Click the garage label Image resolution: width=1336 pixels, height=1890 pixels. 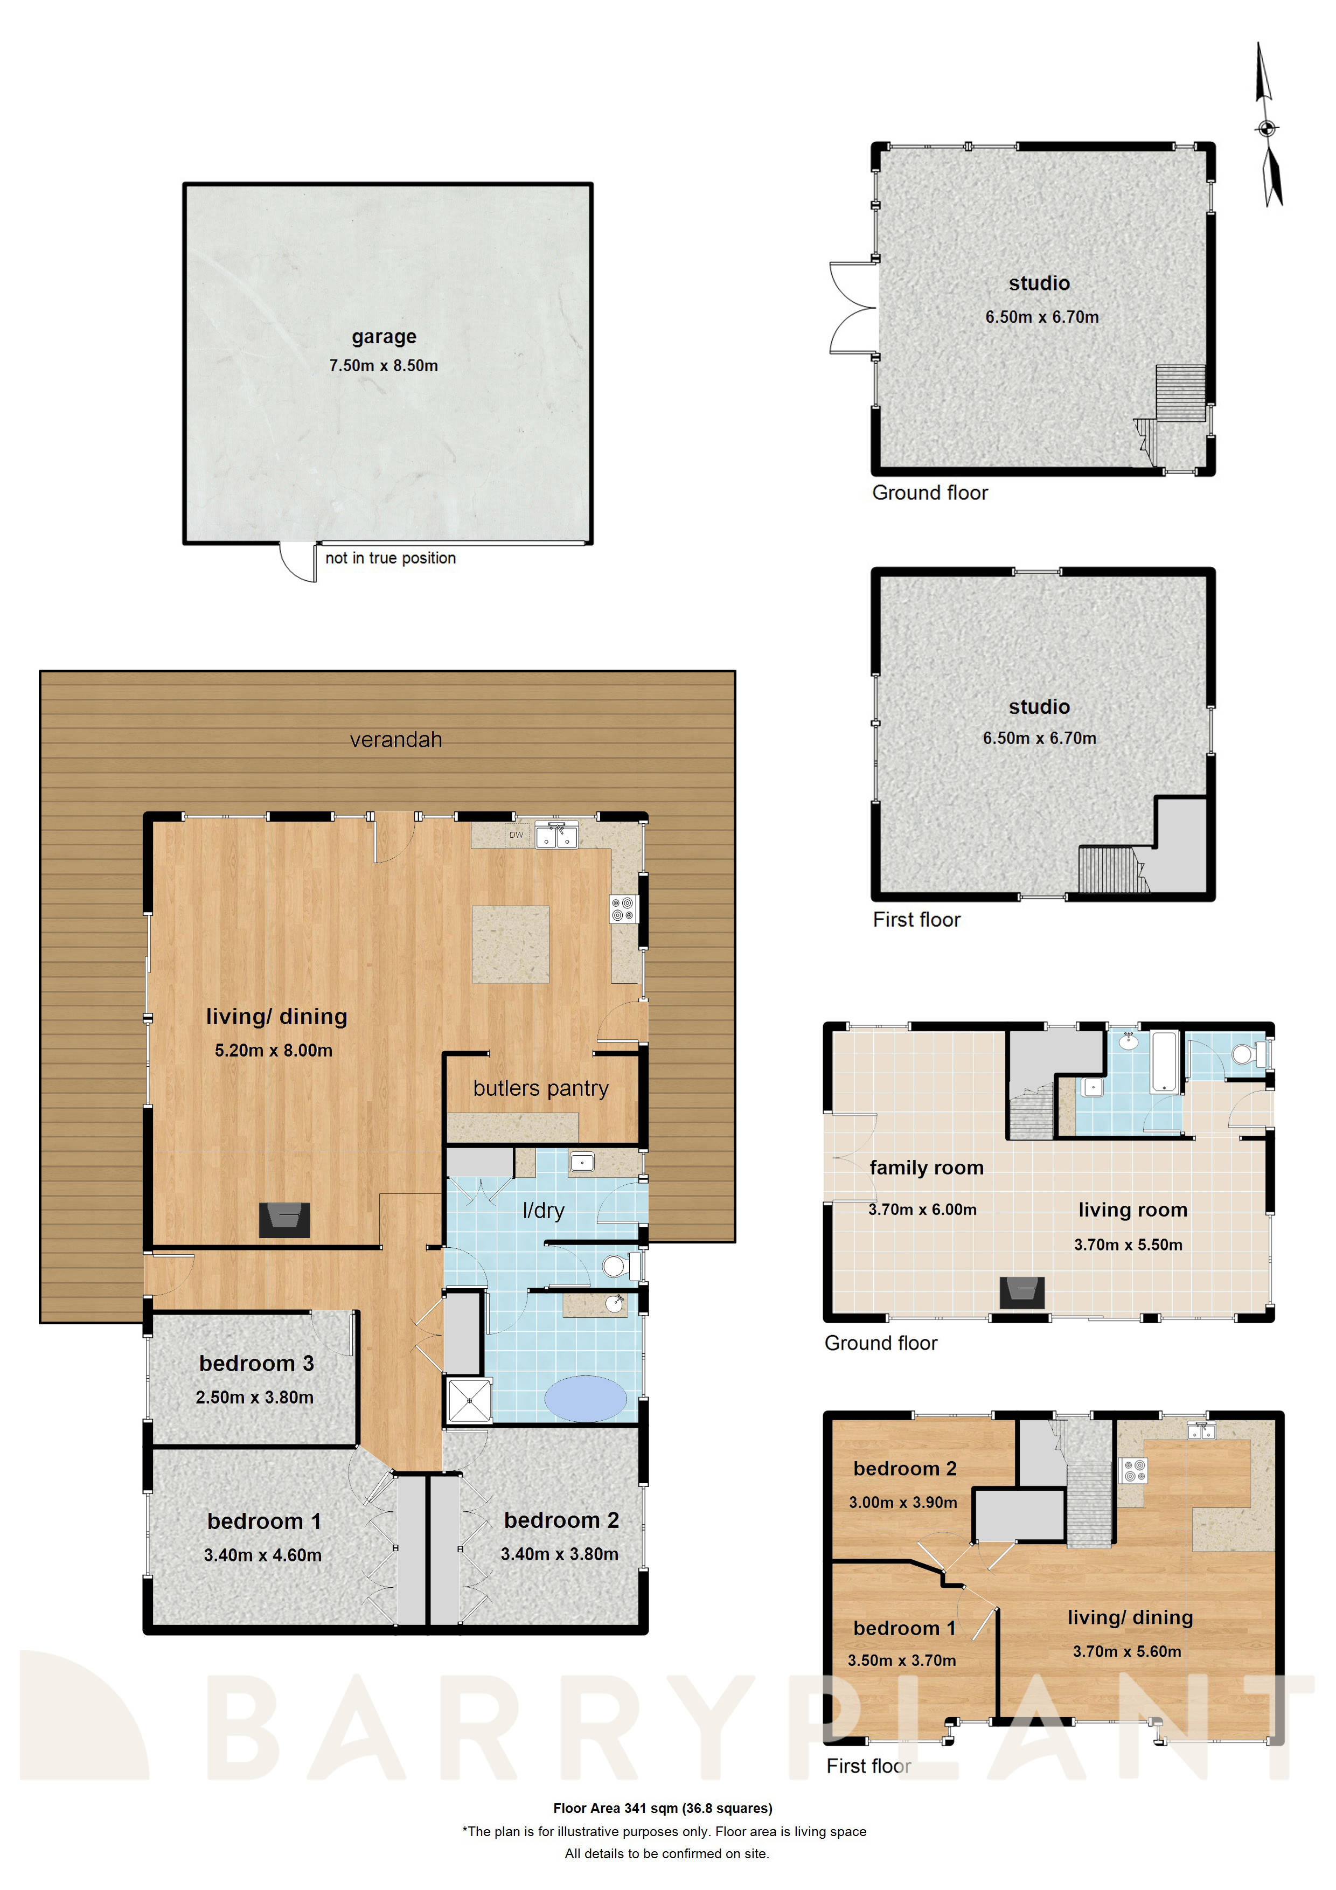pyautogui.click(x=384, y=337)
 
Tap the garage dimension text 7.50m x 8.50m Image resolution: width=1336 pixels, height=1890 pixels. pyautogui.click(x=384, y=365)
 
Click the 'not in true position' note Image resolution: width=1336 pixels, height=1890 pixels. pyautogui.click(x=390, y=558)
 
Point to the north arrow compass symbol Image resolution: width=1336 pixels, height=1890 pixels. pyautogui.click(x=1268, y=128)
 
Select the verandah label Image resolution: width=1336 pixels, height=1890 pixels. pyautogui.click(x=396, y=740)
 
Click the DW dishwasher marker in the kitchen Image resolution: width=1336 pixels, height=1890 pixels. pyautogui.click(x=516, y=835)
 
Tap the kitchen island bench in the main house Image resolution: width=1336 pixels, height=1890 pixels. pyautogui.click(x=510, y=944)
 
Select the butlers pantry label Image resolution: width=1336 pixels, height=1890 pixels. pyautogui.click(x=541, y=1088)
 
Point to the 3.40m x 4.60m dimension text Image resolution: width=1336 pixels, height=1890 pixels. pyautogui.click(x=262, y=1555)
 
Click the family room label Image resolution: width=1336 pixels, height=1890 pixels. pyautogui.click(x=926, y=1168)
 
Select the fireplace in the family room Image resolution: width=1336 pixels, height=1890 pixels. pyautogui.click(x=1021, y=1293)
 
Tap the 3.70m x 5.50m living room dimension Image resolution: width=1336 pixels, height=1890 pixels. pyautogui.click(x=1128, y=1245)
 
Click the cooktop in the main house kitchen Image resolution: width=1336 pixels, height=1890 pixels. pyautogui.click(x=623, y=909)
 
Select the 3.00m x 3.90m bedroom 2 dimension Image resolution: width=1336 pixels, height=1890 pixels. pyautogui.click(x=903, y=1502)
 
